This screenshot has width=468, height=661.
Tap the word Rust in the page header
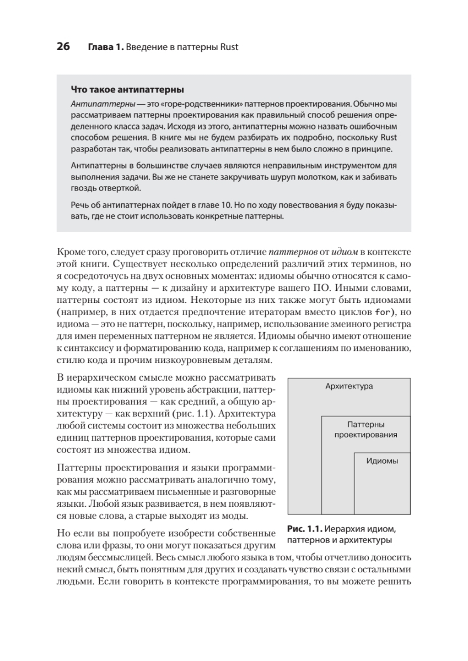[x=228, y=47]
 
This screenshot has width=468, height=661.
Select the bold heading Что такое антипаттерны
[x=127, y=89]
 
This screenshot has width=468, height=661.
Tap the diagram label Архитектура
[x=349, y=386]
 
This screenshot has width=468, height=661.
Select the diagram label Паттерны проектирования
[x=365, y=429]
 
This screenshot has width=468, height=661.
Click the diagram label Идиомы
[x=382, y=462]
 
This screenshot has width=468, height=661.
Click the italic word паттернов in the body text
[x=294, y=253]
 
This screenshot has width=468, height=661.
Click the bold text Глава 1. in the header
[x=105, y=47]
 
